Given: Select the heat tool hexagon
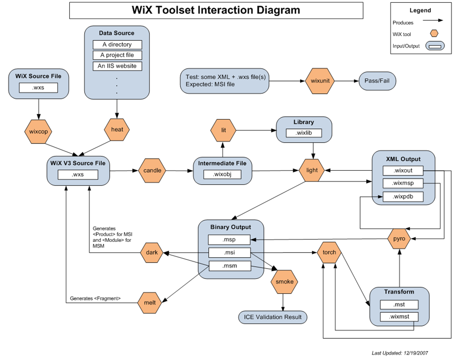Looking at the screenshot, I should [x=117, y=129].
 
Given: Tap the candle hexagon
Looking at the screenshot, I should [x=152, y=171].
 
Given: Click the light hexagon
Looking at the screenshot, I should [x=312, y=171].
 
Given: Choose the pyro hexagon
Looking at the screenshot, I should [x=399, y=239].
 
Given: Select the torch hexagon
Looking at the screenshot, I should [x=329, y=252].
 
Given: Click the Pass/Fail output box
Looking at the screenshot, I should [x=377, y=81].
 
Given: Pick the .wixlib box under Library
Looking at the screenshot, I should [x=304, y=133].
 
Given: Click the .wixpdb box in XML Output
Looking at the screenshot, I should [x=403, y=196].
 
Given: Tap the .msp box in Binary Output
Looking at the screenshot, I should [x=230, y=240].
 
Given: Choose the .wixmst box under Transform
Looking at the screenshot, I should [x=398, y=317].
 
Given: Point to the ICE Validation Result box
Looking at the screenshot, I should [x=272, y=317].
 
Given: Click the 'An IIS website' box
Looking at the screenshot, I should [x=117, y=66].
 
